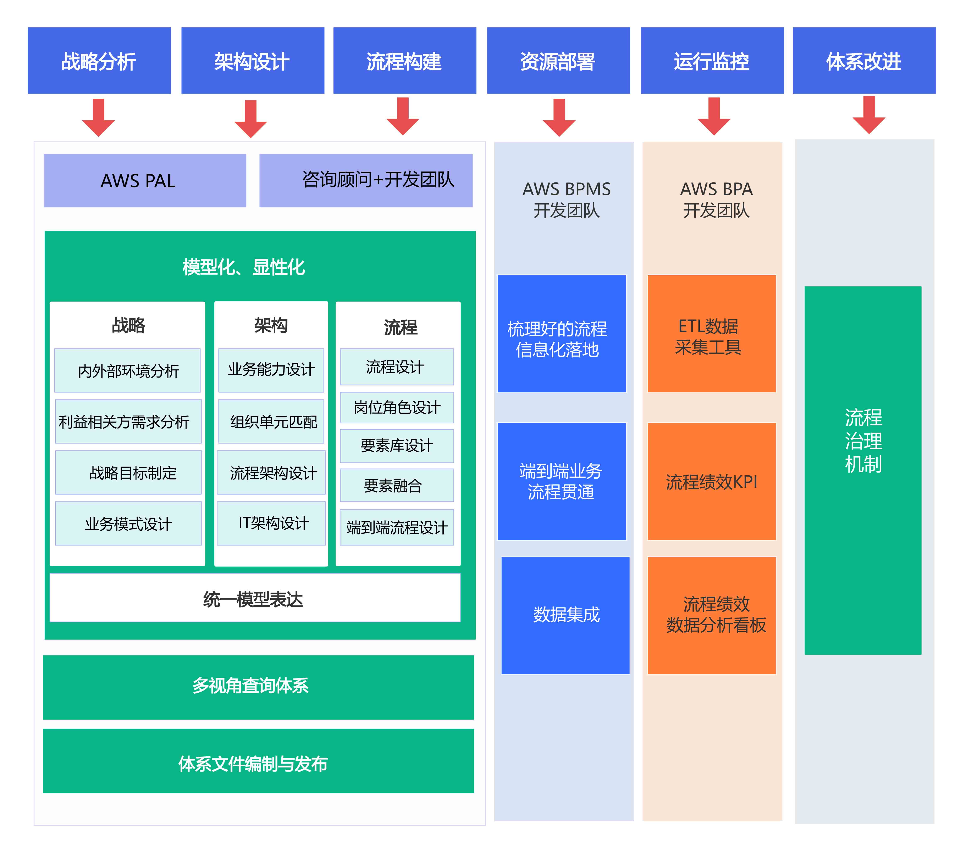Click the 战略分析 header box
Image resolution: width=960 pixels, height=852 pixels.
[x=99, y=61]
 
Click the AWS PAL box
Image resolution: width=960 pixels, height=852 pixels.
[x=145, y=180]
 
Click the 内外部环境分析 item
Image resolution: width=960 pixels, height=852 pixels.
[x=127, y=370]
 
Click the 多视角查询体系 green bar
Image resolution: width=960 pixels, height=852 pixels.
[x=258, y=687]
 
